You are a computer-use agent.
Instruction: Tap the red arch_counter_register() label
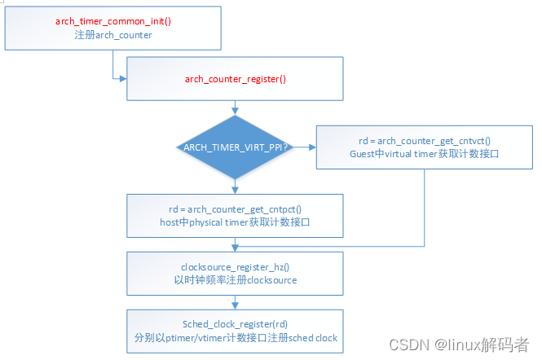coord(235,80)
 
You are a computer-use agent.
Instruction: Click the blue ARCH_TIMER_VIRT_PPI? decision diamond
coord(235,147)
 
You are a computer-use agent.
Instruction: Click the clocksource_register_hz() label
coord(235,266)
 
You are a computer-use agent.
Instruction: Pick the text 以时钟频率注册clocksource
coord(235,279)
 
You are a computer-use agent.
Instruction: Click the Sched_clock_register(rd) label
coord(235,324)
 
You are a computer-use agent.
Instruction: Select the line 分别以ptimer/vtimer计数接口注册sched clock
coord(235,337)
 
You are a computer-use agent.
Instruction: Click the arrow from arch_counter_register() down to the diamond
coord(235,108)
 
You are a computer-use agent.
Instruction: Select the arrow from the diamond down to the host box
coord(235,187)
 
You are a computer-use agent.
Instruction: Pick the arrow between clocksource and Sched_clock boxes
coord(235,302)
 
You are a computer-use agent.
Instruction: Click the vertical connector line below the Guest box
coord(424,208)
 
